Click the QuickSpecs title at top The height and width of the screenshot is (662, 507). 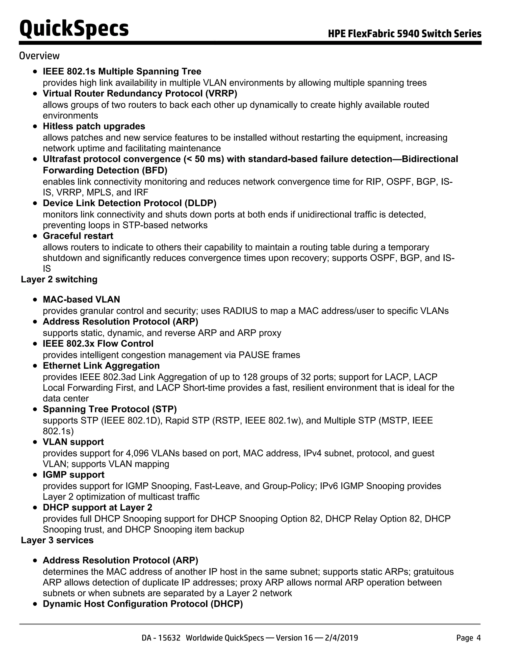tap(74, 29)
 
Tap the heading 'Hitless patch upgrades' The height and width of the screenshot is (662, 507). tap(94, 126)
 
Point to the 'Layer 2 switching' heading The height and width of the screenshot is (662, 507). tap(59, 279)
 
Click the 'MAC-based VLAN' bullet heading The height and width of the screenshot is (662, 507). tap(81, 300)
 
